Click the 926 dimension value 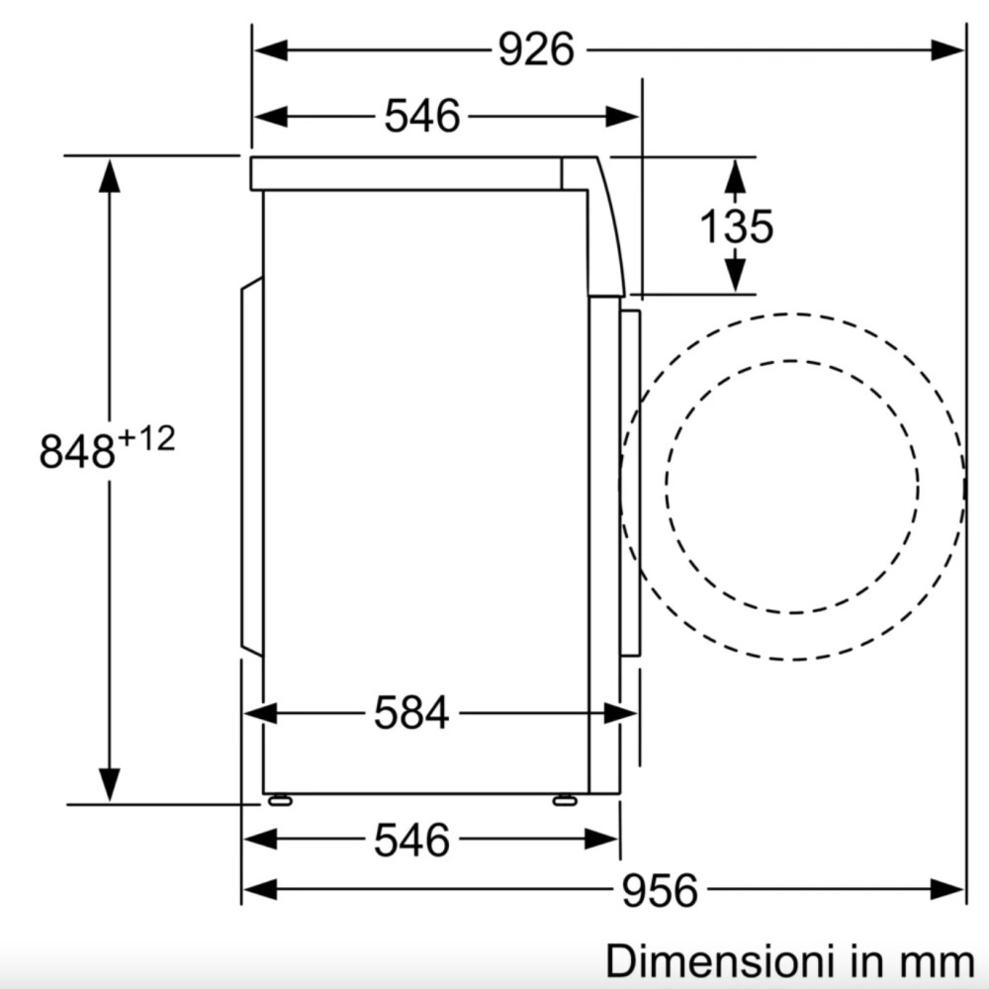coord(536,49)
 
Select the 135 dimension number coord(736,225)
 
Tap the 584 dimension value coord(411,713)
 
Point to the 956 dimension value coord(660,890)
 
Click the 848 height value coord(77,451)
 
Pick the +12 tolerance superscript coord(146,438)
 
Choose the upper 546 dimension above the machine coord(422,116)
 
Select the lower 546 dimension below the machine coord(411,840)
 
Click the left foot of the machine coord(280,800)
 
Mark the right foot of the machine coord(565,800)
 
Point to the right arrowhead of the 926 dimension coord(948,49)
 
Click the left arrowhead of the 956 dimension coord(260,889)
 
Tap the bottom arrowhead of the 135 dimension coord(735,276)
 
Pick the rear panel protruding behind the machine coord(251,467)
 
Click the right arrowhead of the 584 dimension coord(620,713)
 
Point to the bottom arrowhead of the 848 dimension coord(109,786)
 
